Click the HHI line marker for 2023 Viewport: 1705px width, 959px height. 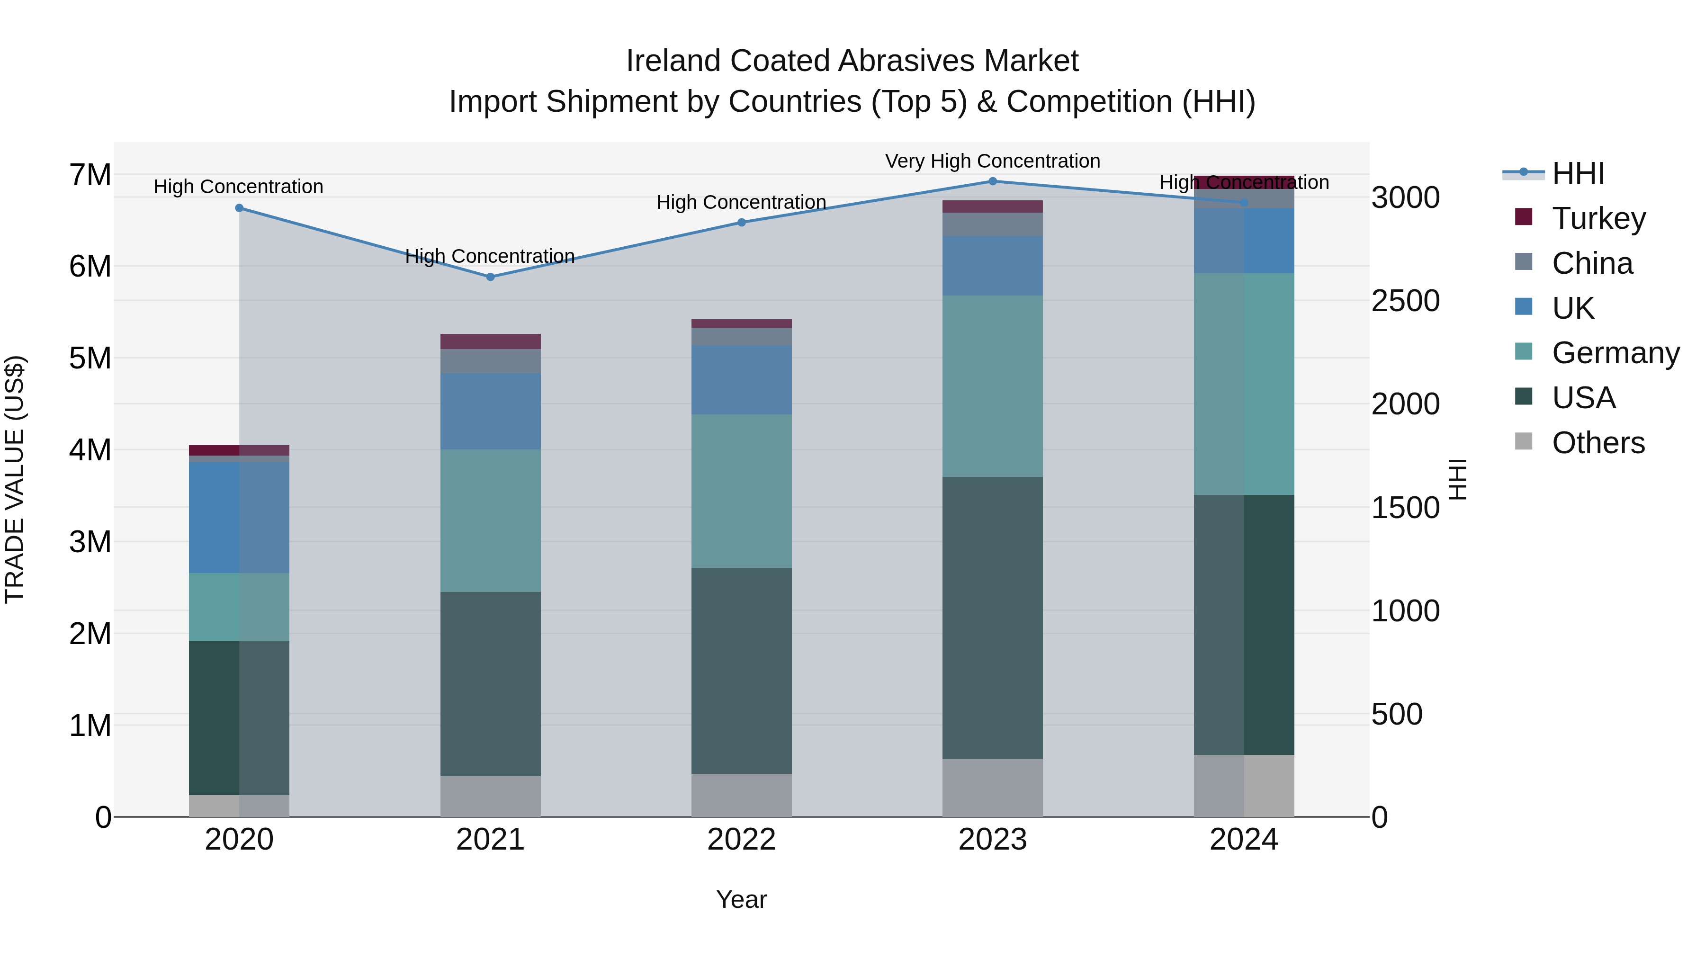992,181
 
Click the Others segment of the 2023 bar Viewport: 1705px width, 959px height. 992,788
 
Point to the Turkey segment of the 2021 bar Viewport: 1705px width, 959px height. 491,341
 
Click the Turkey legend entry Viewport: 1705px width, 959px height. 1598,218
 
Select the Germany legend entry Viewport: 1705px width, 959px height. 1615,353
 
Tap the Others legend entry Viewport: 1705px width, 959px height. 1598,443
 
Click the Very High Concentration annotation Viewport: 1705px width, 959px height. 992,161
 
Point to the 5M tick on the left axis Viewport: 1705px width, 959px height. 90,358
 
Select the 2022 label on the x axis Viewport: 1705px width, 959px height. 741,840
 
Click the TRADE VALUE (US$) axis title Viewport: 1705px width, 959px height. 15,479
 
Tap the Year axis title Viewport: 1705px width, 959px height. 741,899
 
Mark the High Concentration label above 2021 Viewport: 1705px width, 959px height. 490,256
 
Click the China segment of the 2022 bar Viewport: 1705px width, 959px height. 741,336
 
